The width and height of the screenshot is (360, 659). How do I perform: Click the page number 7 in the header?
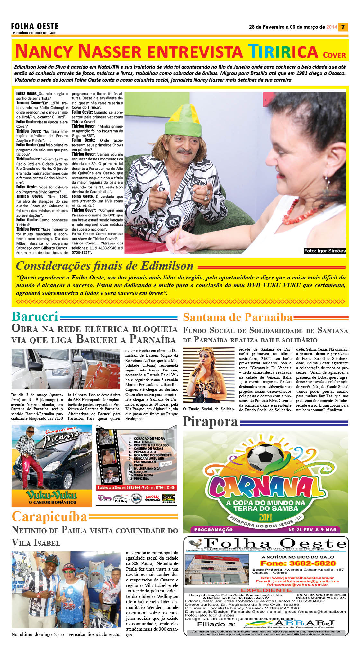pos(343,27)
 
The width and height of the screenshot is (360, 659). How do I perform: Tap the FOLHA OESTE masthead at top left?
pos(35,26)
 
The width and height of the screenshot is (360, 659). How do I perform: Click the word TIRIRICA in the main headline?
pos(283,51)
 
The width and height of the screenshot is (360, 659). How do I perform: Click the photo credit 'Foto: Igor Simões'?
pos(325,251)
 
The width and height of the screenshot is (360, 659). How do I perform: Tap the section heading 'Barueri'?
pos(35,316)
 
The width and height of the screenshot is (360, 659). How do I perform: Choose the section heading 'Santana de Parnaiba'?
pos(238,317)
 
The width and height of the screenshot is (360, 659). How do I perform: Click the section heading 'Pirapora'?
pos(210,422)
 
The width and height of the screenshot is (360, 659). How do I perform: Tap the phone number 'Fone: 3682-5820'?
pos(298,563)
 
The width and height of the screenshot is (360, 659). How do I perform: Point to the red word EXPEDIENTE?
pos(266,590)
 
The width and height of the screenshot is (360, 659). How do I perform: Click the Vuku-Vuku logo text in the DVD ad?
pos(52,495)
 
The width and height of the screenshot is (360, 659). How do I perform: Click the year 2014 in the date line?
pos(332,27)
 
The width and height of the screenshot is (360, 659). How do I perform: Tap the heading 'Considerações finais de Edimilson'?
pos(105,266)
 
